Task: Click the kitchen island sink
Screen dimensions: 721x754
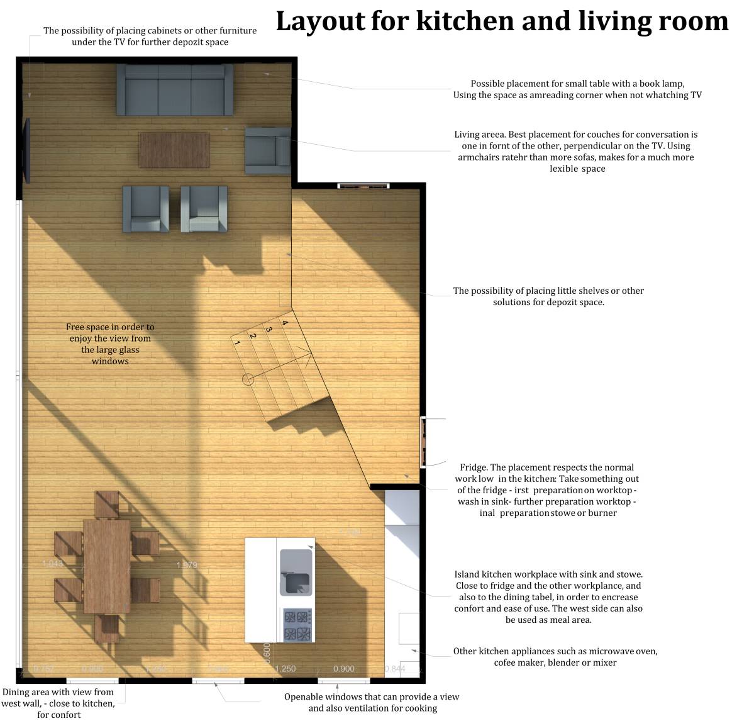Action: pyautogui.click(x=296, y=571)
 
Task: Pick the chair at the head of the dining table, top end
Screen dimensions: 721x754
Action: pyautogui.click(x=107, y=504)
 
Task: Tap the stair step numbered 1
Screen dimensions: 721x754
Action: pyautogui.click(x=237, y=344)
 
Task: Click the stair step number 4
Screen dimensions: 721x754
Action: pyautogui.click(x=285, y=323)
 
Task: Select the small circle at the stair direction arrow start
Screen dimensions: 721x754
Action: pyautogui.click(x=248, y=379)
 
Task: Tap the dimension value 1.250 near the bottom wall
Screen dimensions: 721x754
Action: pyautogui.click(x=285, y=669)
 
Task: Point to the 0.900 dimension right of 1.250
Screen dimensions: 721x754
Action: pyautogui.click(x=343, y=669)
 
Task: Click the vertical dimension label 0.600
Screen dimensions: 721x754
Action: pyautogui.click(x=267, y=653)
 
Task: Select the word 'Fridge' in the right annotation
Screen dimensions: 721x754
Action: pyautogui.click(x=474, y=467)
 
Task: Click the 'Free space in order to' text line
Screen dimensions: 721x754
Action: pyautogui.click(x=110, y=327)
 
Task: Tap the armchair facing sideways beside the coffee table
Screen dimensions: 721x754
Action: pyautogui.click(x=267, y=150)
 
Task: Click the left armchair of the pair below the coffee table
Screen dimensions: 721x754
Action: pyautogui.click(x=145, y=208)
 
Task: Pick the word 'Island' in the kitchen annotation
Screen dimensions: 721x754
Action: pyautogui.click(x=467, y=574)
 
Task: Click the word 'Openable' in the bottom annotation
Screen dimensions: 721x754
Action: pyautogui.click(x=304, y=697)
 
